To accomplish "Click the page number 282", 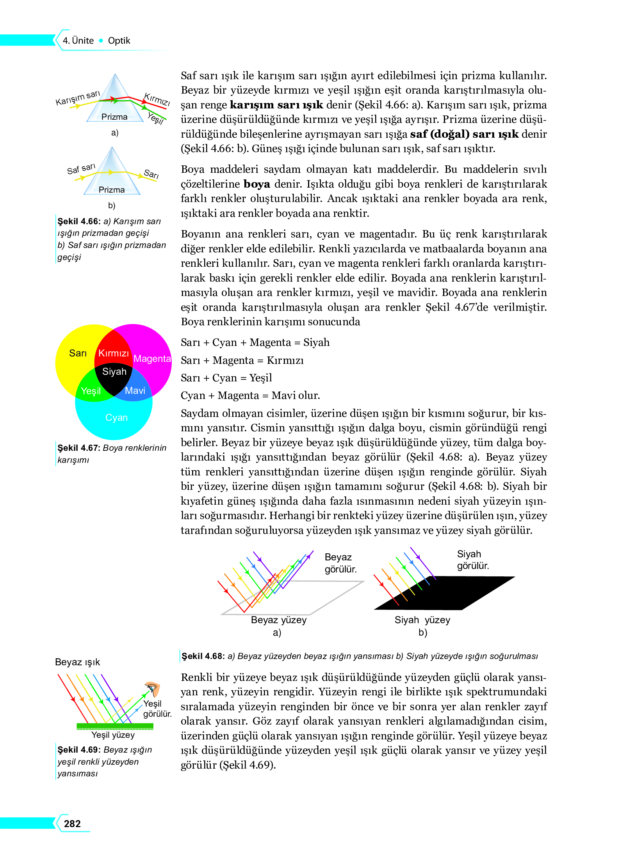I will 72,823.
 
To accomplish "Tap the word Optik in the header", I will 119,41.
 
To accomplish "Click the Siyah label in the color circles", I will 114,371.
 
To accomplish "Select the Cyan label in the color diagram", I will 116,417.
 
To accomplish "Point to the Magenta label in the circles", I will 152,358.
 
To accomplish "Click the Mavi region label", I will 135,390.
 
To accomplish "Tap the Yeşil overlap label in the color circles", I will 91,391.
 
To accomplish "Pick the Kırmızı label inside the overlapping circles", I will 113,353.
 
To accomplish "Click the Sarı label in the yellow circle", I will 78,353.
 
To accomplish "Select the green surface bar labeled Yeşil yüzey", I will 115,726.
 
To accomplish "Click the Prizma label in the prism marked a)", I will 114,117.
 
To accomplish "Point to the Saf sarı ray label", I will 81,169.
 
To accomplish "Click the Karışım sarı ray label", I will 78,98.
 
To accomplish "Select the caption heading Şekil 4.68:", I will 203,656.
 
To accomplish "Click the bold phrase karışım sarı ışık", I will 276,105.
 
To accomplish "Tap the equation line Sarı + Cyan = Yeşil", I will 226,377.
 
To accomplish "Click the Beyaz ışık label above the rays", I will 77,662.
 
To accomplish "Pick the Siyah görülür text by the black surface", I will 472,560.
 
